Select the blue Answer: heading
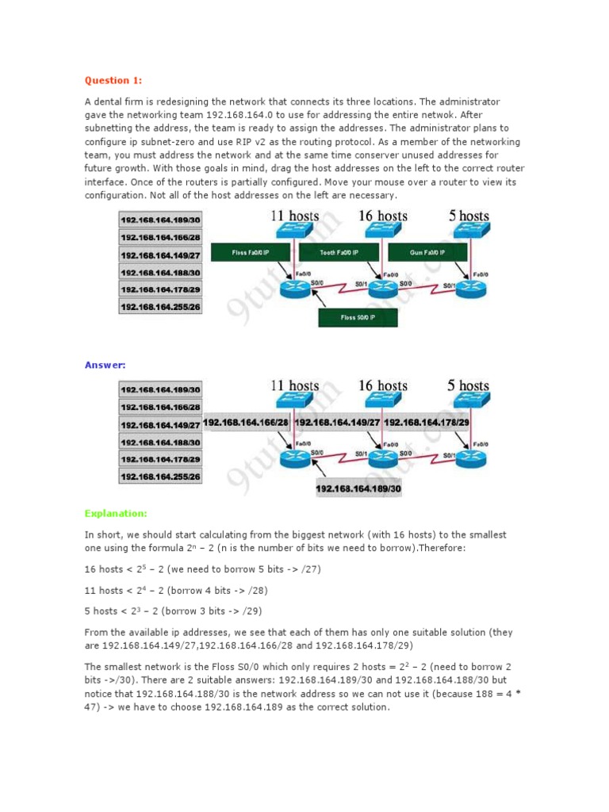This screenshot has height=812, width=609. (x=104, y=365)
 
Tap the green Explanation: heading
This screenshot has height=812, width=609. (x=115, y=513)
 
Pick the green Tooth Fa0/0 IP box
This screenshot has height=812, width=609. (x=341, y=252)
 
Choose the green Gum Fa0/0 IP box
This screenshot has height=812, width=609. (x=429, y=252)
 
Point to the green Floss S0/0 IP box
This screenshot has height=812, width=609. (x=358, y=317)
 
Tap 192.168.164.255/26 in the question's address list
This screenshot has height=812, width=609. (x=160, y=306)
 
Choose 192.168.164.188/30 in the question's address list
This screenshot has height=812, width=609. (x=160, y=272)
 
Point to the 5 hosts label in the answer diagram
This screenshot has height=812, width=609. (x=468, y=386)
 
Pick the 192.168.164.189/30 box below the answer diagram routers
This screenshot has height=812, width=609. (x=358, y=489)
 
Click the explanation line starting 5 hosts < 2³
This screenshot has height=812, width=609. (x=173, y=611)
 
